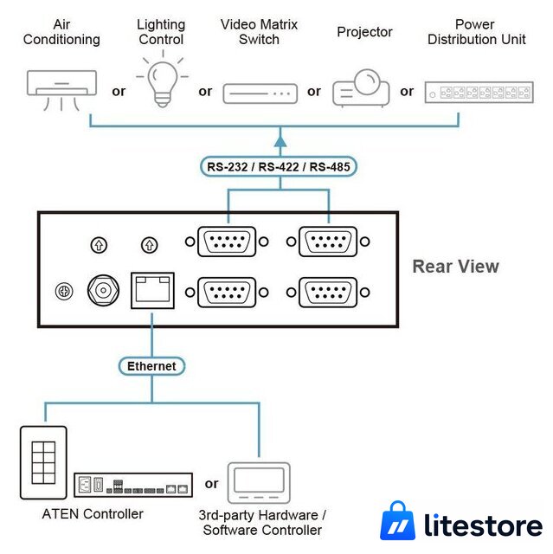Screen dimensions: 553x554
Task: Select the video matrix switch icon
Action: (260, 93)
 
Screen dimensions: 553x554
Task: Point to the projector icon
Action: (361, 88)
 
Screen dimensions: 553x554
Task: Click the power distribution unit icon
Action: (479, 93)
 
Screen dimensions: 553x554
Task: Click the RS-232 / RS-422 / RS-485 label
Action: (279, 166)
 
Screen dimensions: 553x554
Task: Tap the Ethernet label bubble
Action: (151, 366)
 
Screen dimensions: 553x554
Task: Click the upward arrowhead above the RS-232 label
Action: (280, 141)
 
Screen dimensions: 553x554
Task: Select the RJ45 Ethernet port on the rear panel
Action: (152, 291)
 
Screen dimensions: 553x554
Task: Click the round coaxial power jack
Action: (103, 291)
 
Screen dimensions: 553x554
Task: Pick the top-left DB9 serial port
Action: (227, 242)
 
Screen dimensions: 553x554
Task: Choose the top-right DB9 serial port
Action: (328, 242)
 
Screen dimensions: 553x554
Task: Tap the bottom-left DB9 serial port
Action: (227, 293)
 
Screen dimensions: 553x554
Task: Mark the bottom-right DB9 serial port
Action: (328, 293)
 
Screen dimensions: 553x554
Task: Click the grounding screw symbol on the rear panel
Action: (64, 292)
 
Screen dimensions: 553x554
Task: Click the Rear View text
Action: (455, 267)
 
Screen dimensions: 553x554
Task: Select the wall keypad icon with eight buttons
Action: (43, 462)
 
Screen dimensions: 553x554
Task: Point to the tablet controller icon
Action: (259, 483)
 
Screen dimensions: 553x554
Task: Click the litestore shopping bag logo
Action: (397, 520)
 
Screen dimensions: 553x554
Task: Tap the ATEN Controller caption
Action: (93, 513)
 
